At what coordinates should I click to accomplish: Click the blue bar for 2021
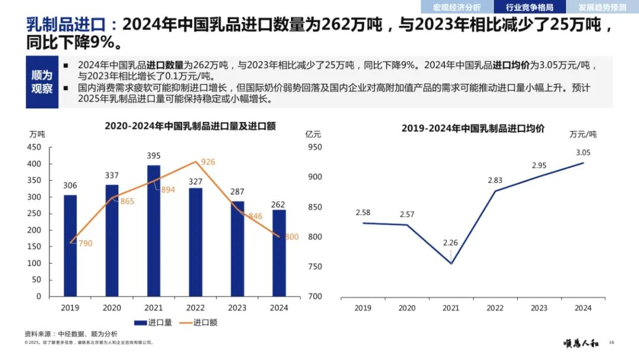(154, 230)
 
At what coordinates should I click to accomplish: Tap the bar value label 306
(70, 186)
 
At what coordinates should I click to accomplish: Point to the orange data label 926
(208, 162)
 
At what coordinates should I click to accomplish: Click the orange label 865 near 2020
(127, 201)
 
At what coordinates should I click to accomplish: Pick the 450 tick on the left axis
(35, 147)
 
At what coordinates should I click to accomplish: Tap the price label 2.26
(450, 242)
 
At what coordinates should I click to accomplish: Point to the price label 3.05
(583, 152)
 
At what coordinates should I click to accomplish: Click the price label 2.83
(495, 180)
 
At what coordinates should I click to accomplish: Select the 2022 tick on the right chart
(495, 308)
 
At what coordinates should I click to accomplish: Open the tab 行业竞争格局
(530, 7)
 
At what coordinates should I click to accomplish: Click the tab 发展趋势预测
(602, 7)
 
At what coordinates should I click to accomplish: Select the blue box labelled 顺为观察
(42, 82)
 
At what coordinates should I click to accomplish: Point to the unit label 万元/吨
(583, 134)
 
